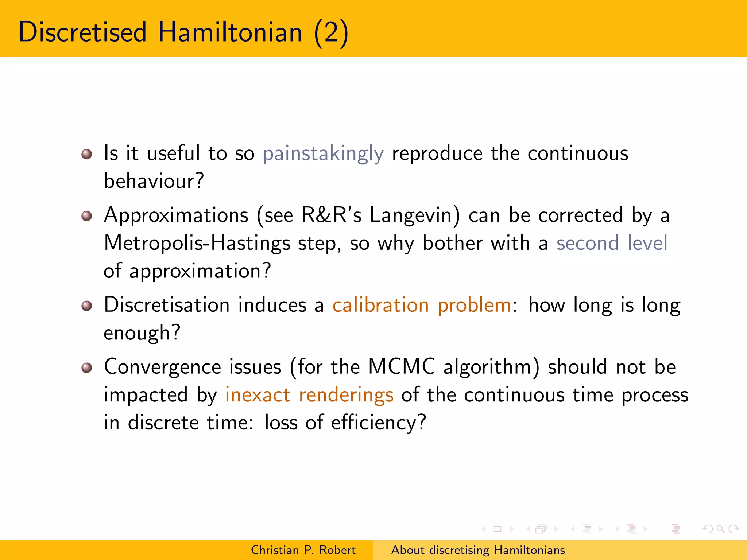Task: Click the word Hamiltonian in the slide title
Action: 230,32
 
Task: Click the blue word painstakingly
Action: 323,153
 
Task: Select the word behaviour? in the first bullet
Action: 154,181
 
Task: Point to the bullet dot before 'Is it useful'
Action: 86,154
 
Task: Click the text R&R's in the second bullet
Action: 331,215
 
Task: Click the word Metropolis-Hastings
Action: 197,243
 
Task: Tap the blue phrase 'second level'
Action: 612,243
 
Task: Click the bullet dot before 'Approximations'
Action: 86,216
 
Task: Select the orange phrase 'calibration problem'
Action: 422,305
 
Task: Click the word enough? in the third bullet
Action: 142,333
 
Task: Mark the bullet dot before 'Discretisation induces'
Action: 86,306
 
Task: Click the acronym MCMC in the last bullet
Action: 402,366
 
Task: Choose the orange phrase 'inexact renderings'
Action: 309,395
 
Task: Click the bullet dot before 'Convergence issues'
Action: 86,367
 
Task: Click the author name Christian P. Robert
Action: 303,550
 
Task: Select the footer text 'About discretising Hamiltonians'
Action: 478,550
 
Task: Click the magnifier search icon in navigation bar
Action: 720,529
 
